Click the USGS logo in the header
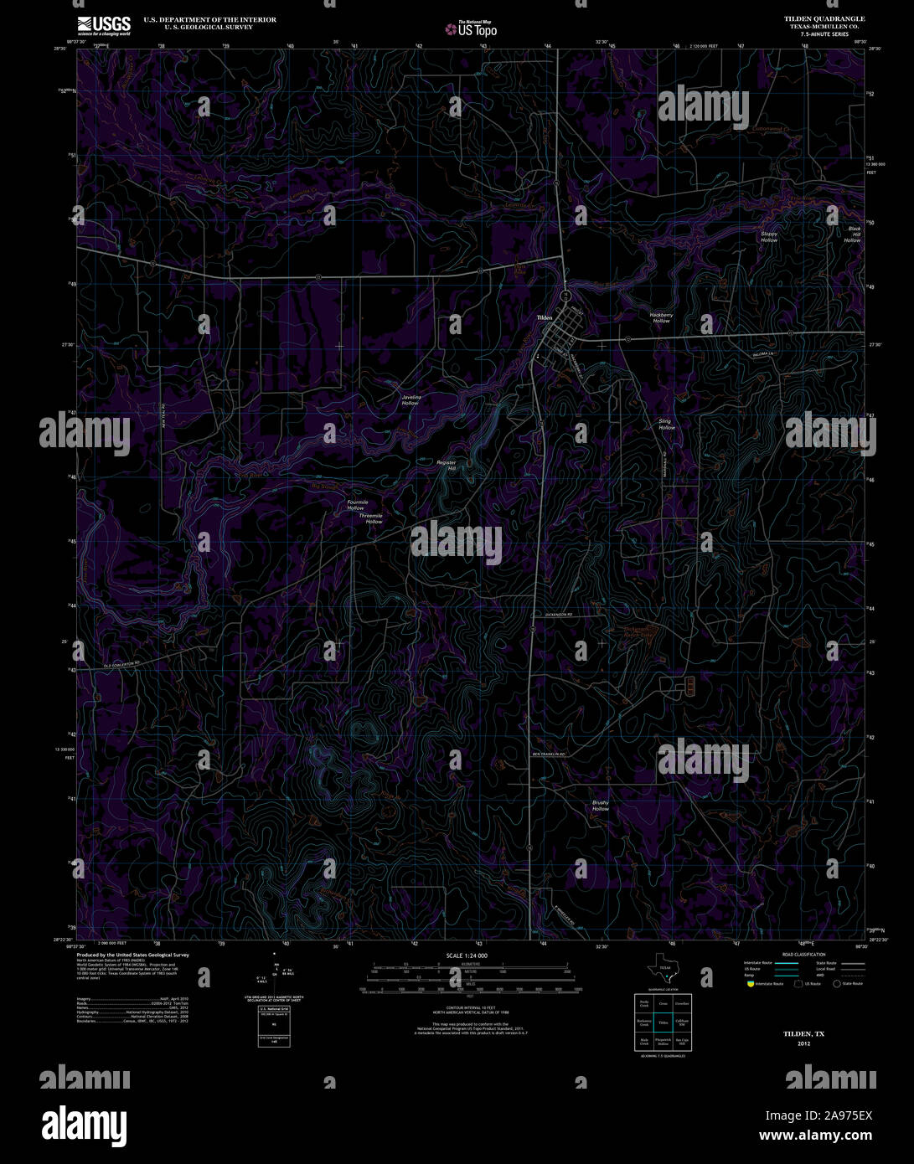104,26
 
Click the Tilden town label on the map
545,318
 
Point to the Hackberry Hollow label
661,318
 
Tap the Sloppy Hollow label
768,237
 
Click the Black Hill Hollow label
853,234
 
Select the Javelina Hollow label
410,399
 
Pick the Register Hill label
446,465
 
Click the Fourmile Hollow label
357,505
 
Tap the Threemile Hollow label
372,518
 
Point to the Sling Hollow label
665,425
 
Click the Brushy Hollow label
600,806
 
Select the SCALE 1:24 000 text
467,955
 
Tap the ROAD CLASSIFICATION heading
803,955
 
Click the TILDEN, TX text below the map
803,1034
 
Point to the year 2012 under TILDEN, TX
803,1044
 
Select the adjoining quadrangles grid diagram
663,1022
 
